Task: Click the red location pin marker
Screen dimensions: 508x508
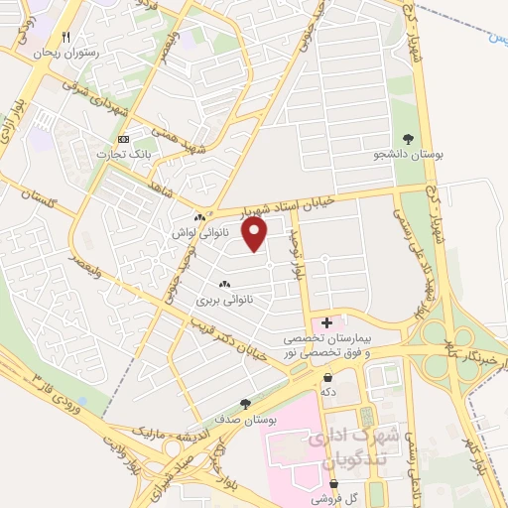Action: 256,235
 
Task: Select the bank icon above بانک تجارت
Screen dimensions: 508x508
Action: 123,140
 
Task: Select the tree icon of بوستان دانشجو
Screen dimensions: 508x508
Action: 410,139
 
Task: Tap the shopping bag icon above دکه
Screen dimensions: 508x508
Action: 327,376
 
